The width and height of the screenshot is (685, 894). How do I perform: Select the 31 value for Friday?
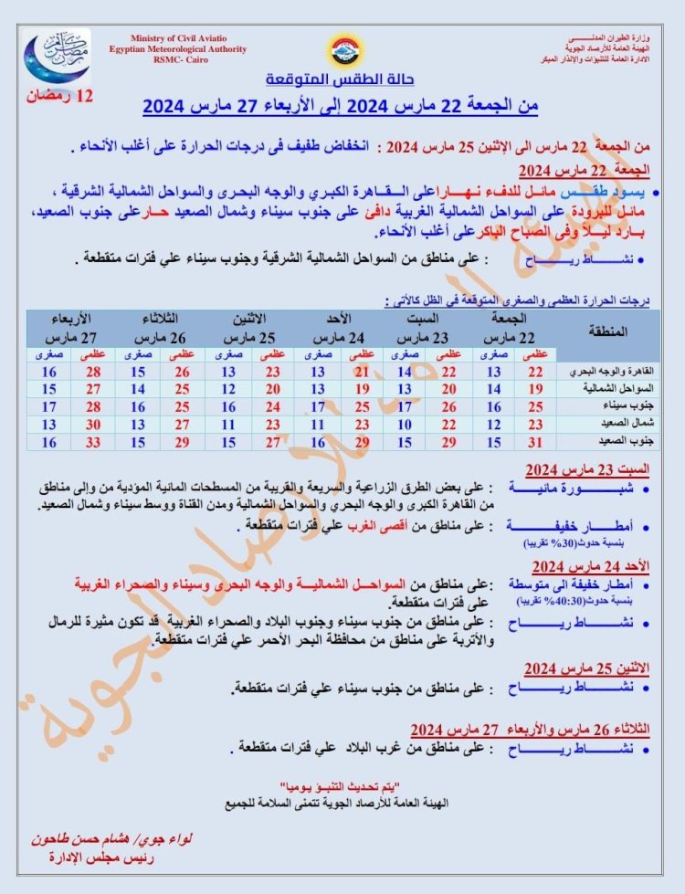click(536, 442)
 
